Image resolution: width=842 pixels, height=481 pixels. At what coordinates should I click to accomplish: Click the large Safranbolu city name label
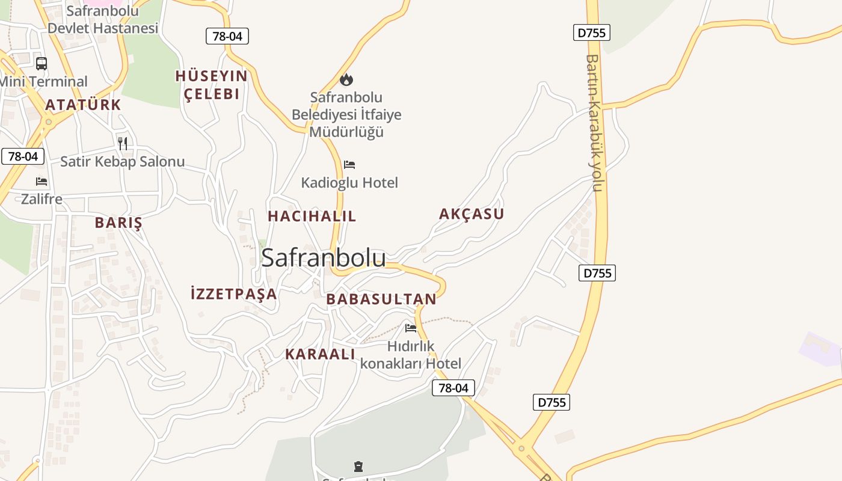(324, 257)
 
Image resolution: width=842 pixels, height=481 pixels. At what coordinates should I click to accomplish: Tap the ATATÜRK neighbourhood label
(83, 105)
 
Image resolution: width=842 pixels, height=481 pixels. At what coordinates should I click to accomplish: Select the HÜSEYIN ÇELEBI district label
(212, 85)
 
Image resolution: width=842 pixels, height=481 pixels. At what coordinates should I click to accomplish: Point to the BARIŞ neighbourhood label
(118, 223)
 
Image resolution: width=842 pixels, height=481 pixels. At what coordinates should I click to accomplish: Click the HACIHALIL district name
(312, 216)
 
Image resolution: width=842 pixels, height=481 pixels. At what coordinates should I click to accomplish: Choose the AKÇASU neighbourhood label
(472, 214)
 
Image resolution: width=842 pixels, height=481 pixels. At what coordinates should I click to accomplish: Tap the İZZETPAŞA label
(233, 294)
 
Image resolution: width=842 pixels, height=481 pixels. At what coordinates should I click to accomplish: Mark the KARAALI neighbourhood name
(320, 354)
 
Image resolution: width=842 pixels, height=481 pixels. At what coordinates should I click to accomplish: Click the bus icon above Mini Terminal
(41, 64)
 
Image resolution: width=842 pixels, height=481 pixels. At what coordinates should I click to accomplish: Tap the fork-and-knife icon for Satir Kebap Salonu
(123, 143)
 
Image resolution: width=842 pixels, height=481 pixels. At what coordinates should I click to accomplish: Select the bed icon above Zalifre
(41, 181)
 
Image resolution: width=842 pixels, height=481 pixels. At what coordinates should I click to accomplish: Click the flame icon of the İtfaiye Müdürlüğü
(346, 79)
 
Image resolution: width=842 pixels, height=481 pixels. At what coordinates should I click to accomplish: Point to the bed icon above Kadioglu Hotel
(349, 164)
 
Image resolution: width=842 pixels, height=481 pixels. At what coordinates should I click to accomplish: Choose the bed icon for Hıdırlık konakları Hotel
(411, 328)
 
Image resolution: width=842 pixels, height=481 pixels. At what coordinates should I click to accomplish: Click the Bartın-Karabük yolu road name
(594, 123)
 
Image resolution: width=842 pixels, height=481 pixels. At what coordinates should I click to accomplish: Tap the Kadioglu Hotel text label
(349, 182)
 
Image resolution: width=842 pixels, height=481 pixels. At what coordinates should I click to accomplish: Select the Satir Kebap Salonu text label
(123, 161)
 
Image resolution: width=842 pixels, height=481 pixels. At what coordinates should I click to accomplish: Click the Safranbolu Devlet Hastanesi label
(102, 19)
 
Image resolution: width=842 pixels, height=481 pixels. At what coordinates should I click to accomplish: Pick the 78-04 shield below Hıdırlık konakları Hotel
(453, 388)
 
